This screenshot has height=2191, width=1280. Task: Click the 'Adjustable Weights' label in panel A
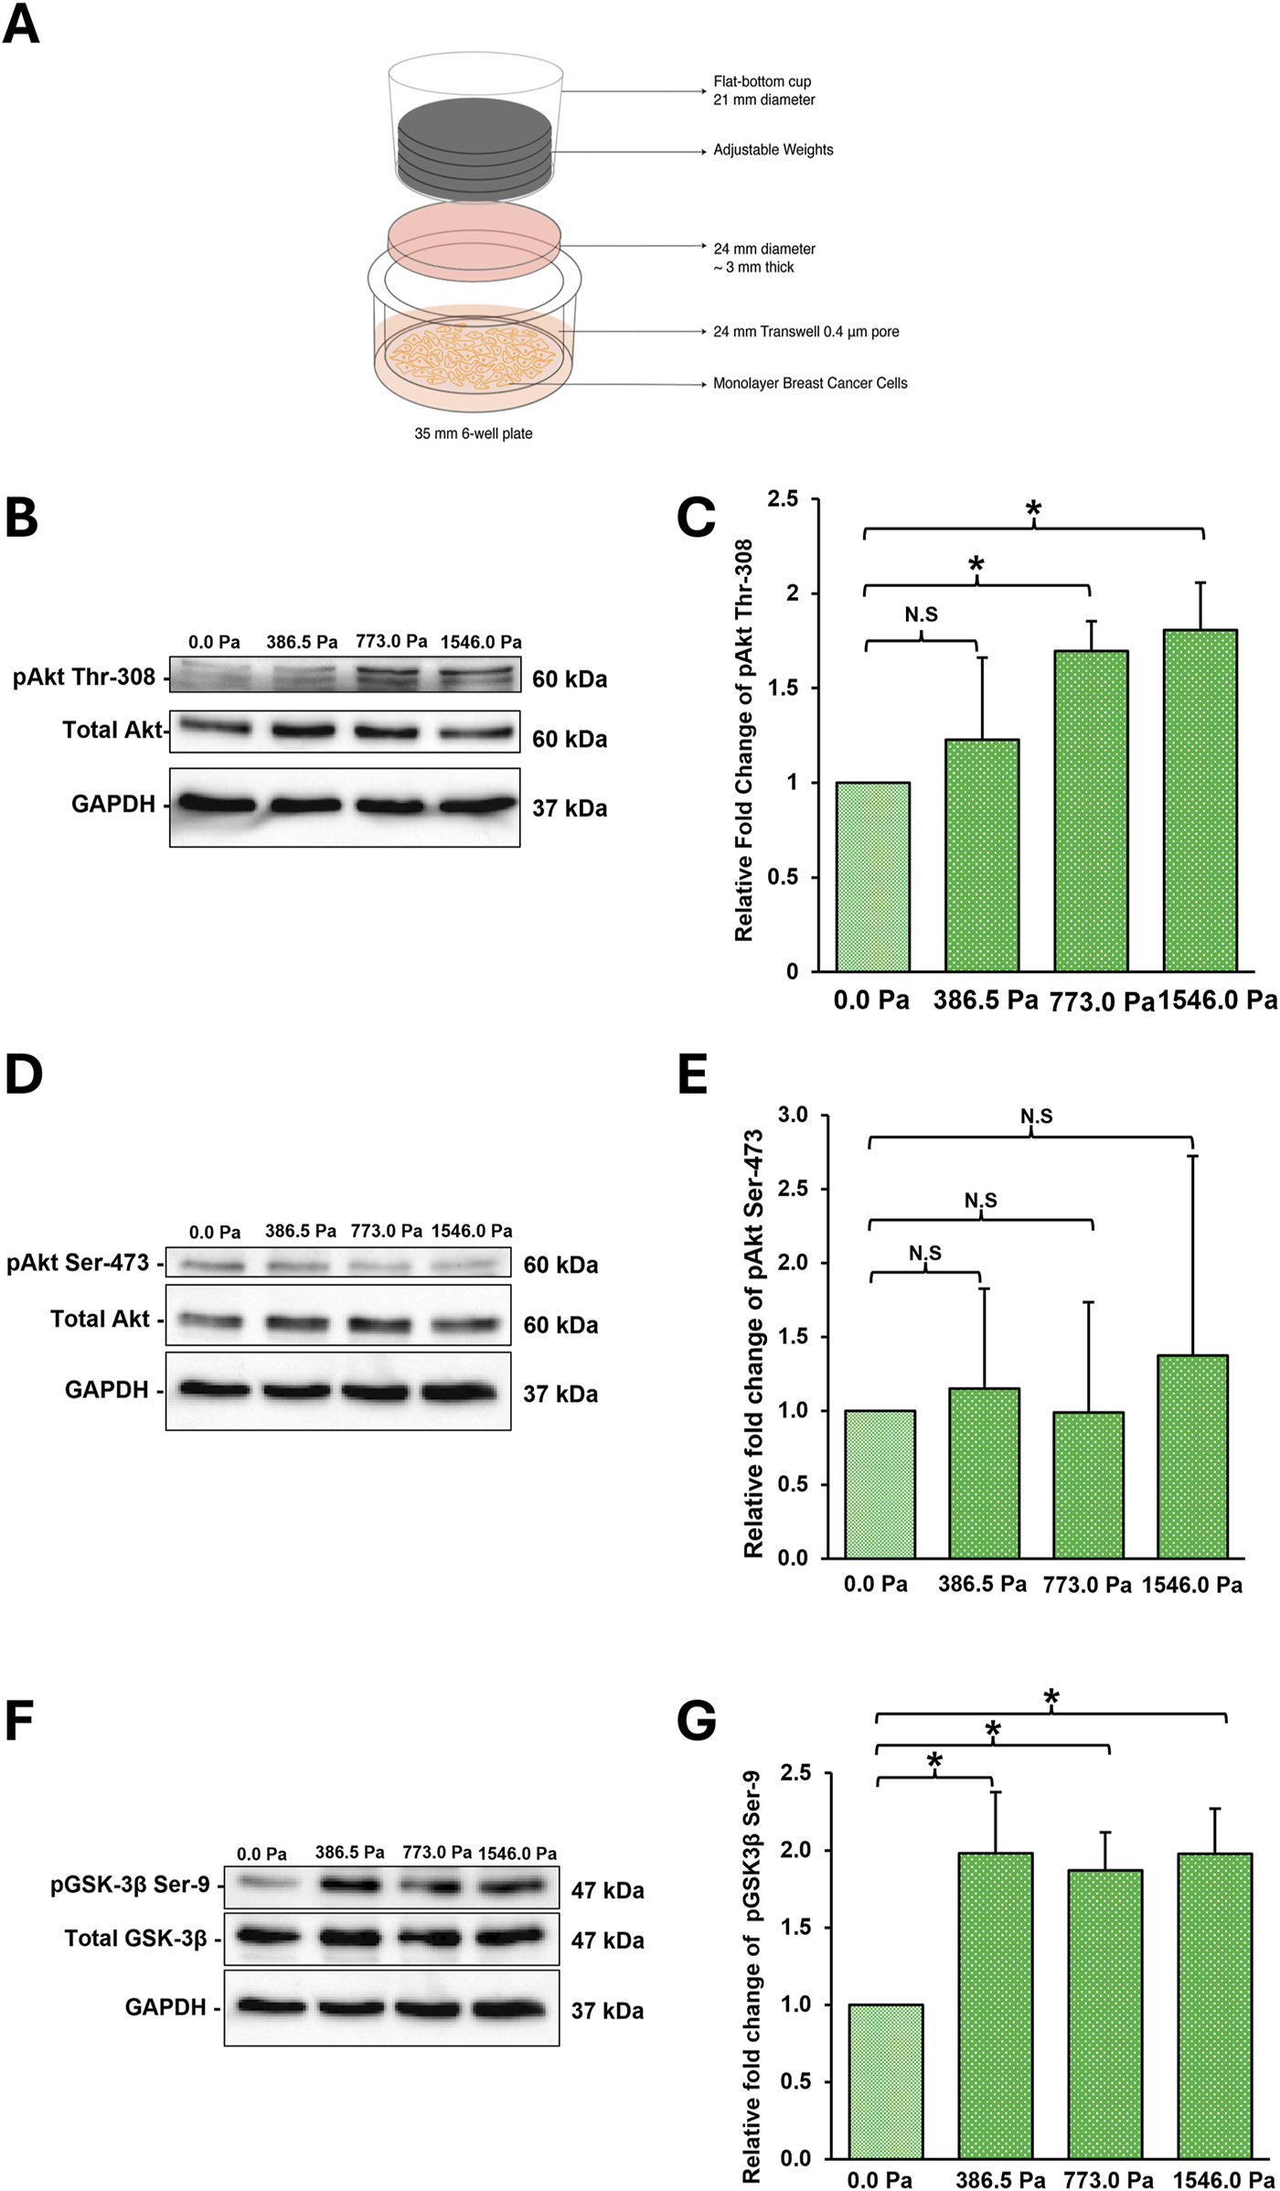click(773, 150)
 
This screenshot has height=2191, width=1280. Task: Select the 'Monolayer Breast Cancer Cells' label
click(810, 383)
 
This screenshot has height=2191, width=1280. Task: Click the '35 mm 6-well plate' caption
click(473, 433)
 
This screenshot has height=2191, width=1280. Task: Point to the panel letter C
click(696, 518)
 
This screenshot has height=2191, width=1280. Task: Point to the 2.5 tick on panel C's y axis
click(783, 499)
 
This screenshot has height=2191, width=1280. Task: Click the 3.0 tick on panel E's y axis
click(793, 1115)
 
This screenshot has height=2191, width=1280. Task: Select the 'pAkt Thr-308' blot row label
click(84, 678)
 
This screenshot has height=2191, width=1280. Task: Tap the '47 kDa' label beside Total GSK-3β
click(607, 1940)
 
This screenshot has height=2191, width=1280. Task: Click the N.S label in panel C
click(921, 615)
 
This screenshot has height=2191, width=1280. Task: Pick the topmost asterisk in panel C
click(1033, 509)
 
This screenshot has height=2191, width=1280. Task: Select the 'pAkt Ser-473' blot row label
click(78, 1263)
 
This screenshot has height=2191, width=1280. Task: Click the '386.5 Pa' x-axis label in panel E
click(982, 1584)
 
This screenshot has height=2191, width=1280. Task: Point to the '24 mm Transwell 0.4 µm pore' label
click(805, 332)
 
